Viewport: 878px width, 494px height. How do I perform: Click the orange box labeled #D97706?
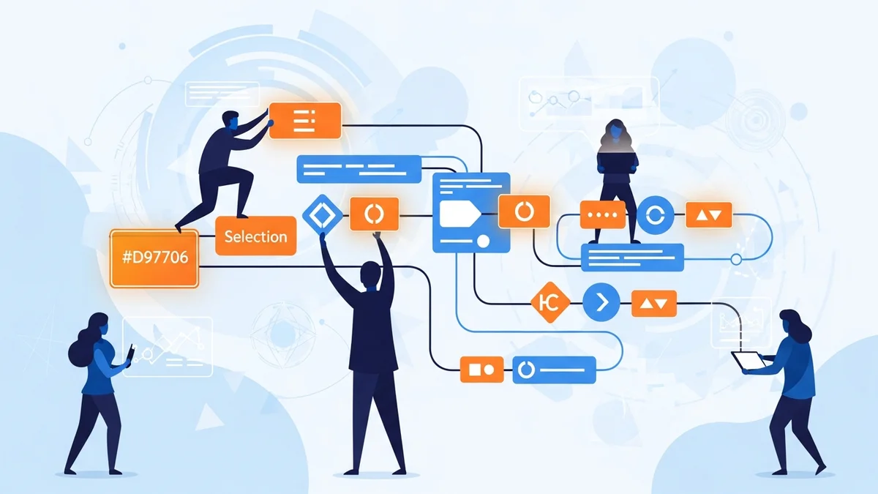154,258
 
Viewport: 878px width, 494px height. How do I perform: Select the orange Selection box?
255,236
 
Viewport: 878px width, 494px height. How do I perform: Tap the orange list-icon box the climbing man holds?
305,120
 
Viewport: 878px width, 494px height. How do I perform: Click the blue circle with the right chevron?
601,301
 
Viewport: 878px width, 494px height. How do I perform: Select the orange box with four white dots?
603,215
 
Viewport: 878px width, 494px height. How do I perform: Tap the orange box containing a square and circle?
481,369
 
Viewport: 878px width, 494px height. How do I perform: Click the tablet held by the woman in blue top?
747,361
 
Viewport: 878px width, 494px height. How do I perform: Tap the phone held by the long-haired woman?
130,354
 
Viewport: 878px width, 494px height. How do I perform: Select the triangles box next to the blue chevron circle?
654,302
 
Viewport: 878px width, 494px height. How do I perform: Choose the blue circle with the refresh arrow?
655,215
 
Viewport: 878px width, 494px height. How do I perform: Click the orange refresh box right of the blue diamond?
374,214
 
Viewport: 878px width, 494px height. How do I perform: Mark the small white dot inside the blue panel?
483,241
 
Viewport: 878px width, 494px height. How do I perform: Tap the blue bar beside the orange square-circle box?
555,369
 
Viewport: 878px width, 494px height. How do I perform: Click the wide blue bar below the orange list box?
359,169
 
